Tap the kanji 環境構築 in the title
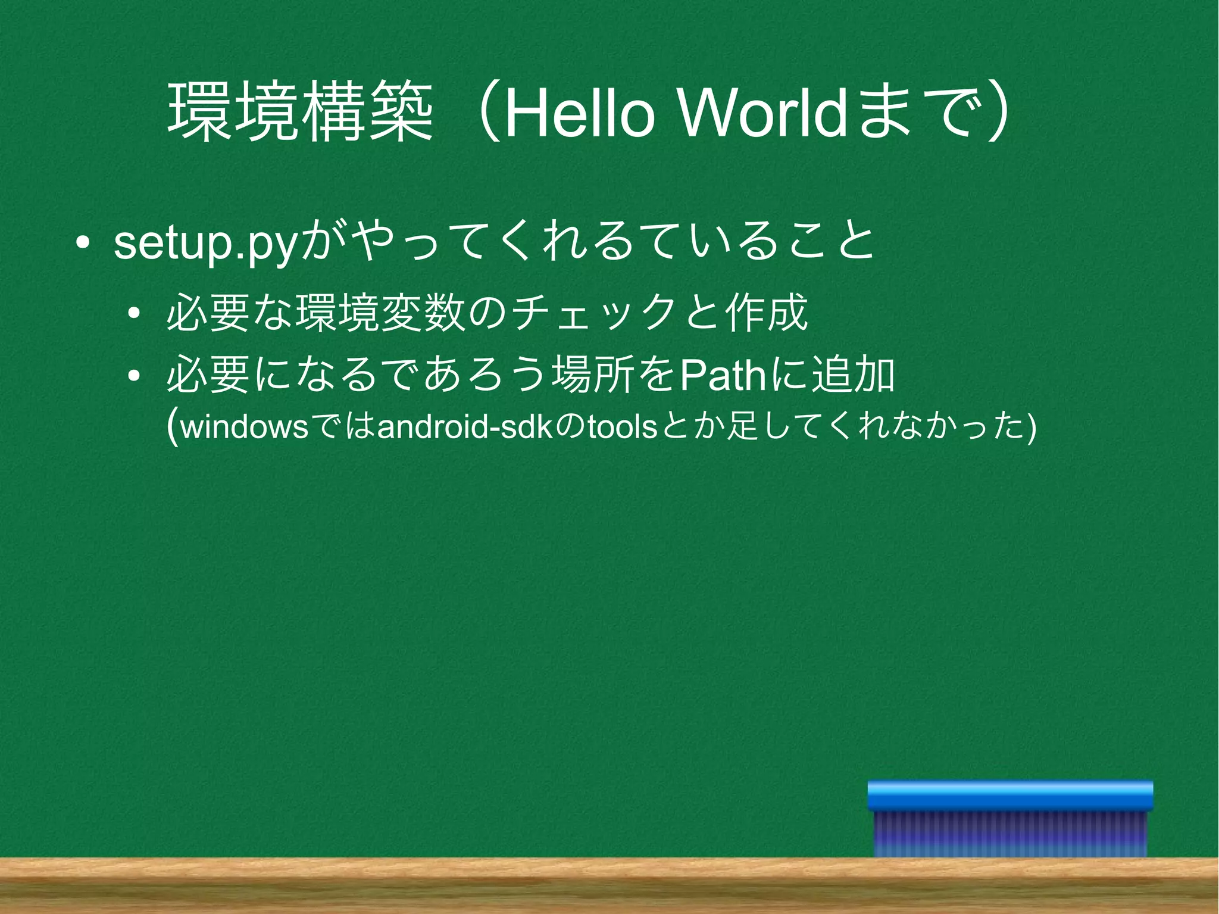click(301, 113)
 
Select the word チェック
click(595, 313)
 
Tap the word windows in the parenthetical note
click(244, 428)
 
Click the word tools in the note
click(622, 428)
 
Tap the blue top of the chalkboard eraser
click(1010, 796)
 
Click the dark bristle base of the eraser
click(1010, 834)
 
